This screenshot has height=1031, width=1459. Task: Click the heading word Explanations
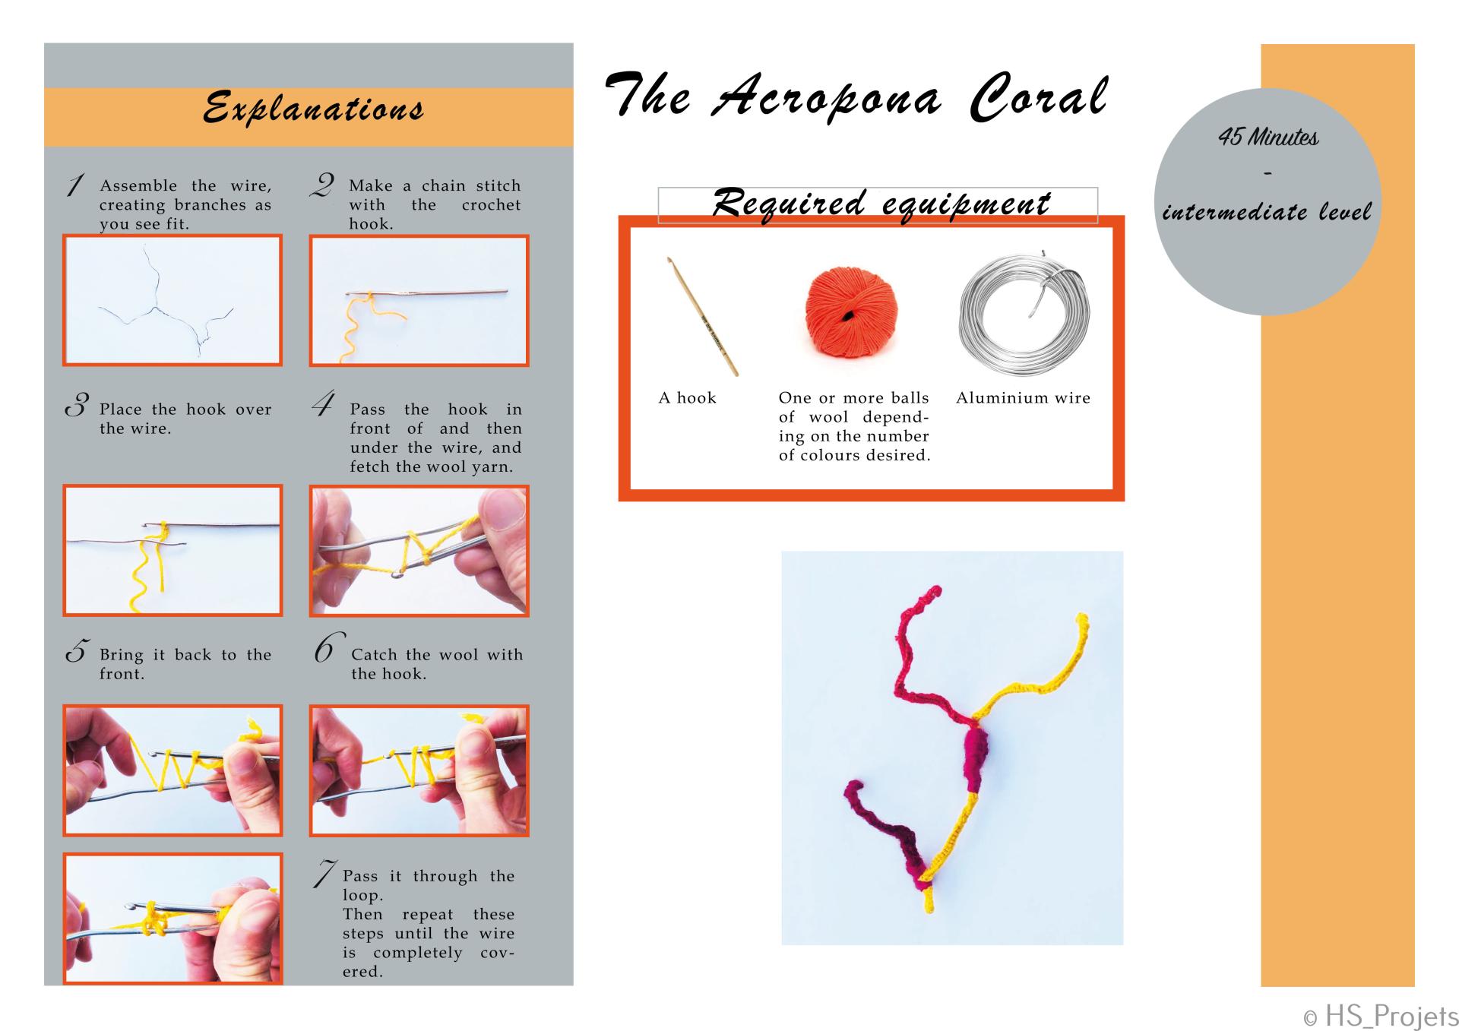click(x=313, y=108)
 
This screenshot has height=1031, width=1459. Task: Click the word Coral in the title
click(x=1039, y=97)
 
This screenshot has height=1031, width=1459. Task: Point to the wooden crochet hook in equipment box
click(x=703, y=316)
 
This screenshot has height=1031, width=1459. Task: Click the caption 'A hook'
click(x=687, y=397)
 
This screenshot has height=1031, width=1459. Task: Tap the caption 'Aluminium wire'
click(x=1023, y=397)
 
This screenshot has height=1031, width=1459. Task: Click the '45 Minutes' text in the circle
click(x=1268, y=137)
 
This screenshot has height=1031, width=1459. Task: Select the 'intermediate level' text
click(x=1267, y=211)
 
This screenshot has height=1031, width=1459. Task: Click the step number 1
click(x=75, y=185)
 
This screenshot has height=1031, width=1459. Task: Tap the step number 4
click(x=322, y=404)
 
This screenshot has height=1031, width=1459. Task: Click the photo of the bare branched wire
click(x=172, y=300)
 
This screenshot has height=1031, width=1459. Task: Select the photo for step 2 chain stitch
click(x=419, y=301)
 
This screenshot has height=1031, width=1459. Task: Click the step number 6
click(x=327, y=648)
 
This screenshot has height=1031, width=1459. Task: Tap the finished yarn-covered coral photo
click(x=952, y=748)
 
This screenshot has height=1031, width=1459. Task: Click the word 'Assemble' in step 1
click(x=138, y=185)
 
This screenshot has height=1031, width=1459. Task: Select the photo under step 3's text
click(x=172, y=550)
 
